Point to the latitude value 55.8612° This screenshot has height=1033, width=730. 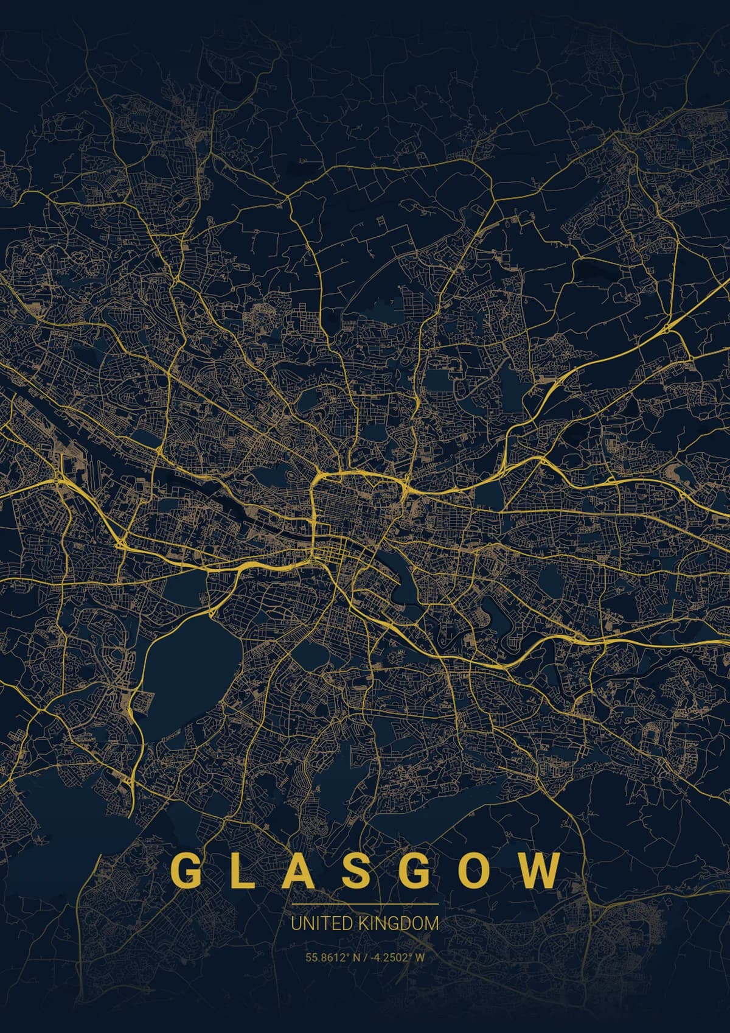(327, 957)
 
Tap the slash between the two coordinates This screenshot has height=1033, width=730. (364, 957)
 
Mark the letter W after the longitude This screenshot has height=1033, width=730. (420, 957)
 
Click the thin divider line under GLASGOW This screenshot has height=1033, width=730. (364, 905)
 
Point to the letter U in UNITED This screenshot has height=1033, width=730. (295, 923)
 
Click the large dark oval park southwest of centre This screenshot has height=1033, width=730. (189, 670)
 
